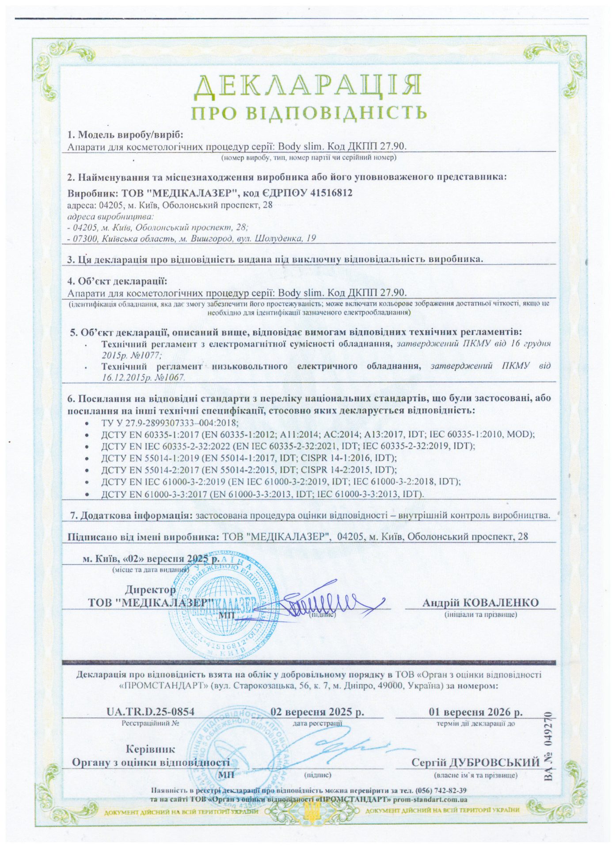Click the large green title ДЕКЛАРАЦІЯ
point(308,86)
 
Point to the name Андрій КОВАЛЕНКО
point(480,602)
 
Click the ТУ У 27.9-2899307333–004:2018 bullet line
point(170,422)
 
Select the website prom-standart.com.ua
point(430,799)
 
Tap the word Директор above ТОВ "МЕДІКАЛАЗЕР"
point(150,590)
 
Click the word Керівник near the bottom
point(150,749)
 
